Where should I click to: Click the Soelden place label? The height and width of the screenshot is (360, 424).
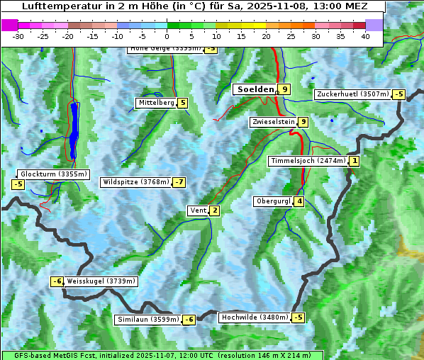point(255,89)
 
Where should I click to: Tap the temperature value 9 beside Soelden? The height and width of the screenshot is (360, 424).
point(284,89)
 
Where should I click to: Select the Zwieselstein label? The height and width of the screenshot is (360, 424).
point(273,122)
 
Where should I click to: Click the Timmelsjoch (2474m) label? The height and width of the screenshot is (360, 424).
point(308,161)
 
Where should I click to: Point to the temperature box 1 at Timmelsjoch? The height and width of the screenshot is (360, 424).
point(355,161)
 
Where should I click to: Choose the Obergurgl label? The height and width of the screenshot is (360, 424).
point(273,201)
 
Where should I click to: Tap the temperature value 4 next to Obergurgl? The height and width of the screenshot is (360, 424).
point(300,201)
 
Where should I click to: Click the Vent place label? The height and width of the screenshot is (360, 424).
point(198,210)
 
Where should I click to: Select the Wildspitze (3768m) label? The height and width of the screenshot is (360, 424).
point(136,182)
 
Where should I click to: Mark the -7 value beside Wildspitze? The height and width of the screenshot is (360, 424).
point(179,182)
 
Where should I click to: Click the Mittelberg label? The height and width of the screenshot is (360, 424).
point(156,103)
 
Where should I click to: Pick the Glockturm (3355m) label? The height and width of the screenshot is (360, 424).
point(53,174)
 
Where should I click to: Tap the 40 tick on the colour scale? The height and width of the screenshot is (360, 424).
point(365,36)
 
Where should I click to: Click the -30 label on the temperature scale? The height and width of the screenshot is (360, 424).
point(18,36)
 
